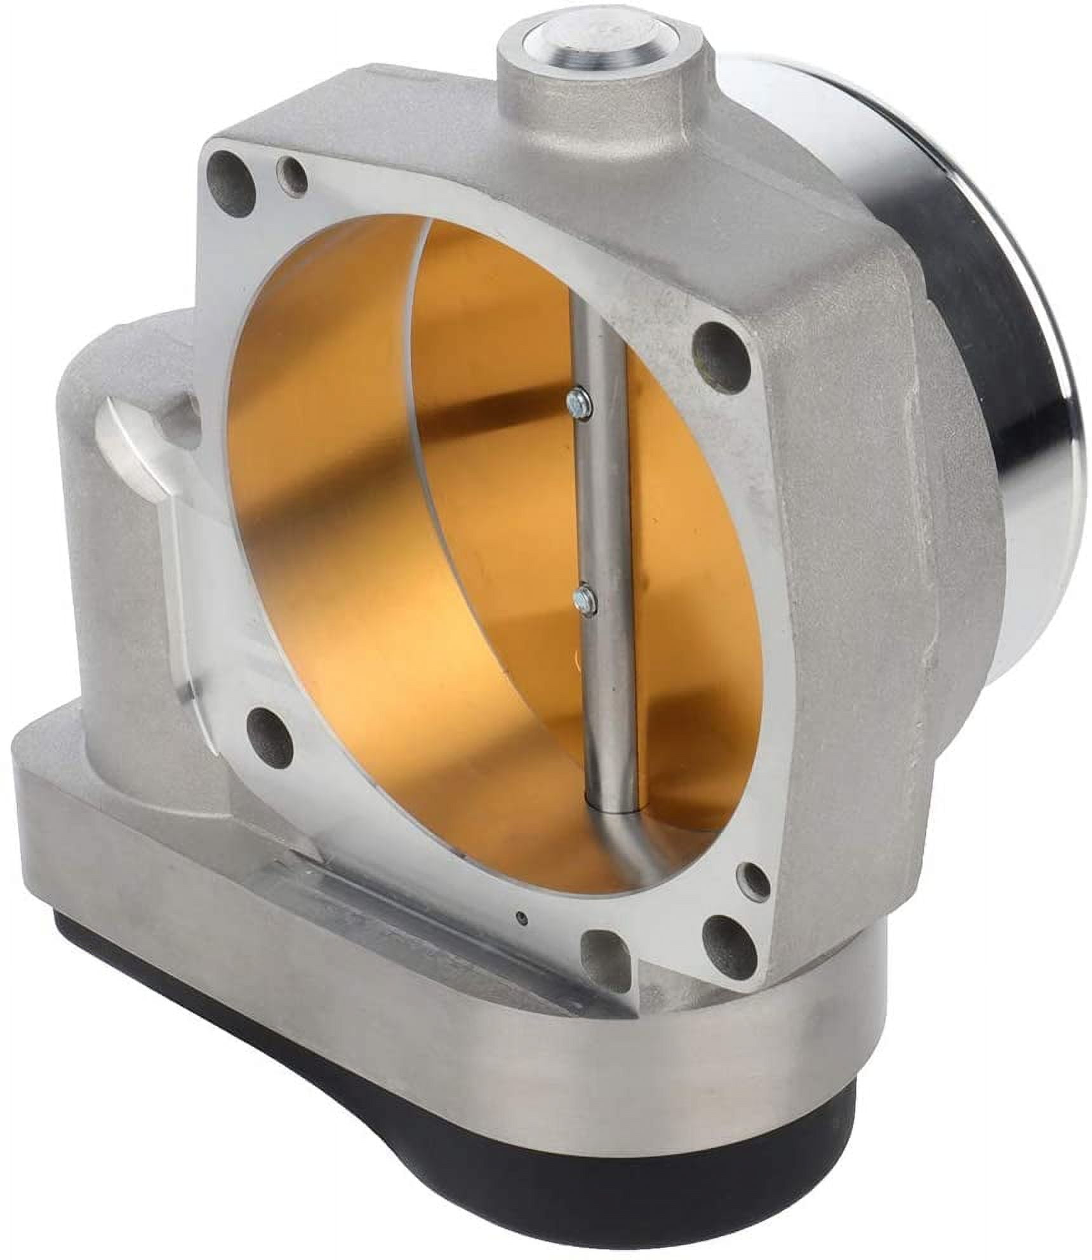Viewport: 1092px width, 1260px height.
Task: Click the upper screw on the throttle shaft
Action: click(578, 403)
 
